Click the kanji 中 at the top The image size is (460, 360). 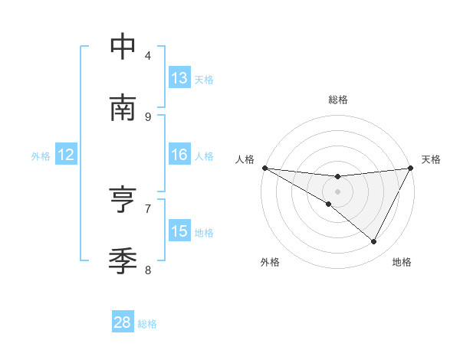(x=123, y=47)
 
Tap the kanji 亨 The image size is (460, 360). (x=123, y=200)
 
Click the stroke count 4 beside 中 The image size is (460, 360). (x=148, y=55)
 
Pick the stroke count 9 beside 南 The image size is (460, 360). (x=148, y=116)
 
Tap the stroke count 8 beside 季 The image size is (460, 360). (x=148, y=270)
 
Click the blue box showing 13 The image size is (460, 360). (x=179, y=78)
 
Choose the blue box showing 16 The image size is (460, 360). (x=179, y=155)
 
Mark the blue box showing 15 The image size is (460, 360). (x=179, y=231)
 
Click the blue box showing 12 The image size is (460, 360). (x=66, y=155)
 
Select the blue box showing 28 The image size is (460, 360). (x=123, y=322)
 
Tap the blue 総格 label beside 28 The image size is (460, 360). (x=147, y=324)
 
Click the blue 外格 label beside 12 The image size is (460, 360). (x=41, y=156)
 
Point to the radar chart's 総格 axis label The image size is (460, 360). (x=338, y=100)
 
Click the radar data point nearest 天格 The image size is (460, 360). (x=412, y=168)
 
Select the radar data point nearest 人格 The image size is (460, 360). (x=264, y=168)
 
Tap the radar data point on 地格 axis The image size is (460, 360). (x=374, y=242)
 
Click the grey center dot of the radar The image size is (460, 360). (x=338, y=191)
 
